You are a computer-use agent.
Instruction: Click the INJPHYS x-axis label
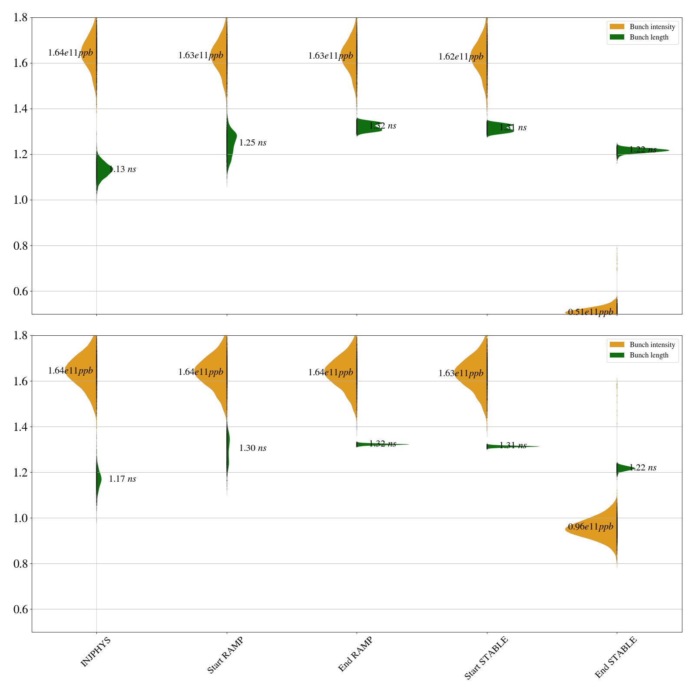point(96,652)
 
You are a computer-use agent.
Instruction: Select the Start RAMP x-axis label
point(225,655)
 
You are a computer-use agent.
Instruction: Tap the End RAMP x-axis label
point(355,654)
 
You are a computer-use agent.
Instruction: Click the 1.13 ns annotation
point(122,169)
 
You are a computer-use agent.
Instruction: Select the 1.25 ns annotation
point(253,143)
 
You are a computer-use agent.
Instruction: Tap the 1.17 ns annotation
point(122,479)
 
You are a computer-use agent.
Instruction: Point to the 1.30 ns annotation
point(253,448)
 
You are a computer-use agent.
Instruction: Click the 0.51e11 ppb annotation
point(591,312)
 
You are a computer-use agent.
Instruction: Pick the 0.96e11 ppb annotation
point(591,527)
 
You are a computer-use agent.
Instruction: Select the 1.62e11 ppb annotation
point(461,57)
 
